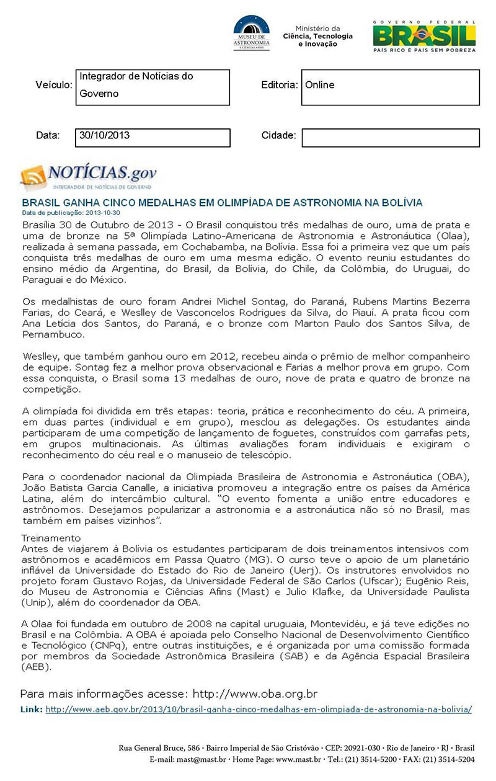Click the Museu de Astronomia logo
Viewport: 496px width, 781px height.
pos(251,33)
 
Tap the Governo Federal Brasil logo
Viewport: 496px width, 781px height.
pos(424,36)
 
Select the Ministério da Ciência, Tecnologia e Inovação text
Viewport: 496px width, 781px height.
pos(317,36)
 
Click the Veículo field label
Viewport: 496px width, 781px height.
pos(54,85)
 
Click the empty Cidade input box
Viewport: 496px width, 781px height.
pos(391,138)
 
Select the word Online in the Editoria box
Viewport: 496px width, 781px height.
pos(320,85)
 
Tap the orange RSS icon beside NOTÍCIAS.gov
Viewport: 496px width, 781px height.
pos(33,177)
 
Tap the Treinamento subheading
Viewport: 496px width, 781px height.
pos(51,537)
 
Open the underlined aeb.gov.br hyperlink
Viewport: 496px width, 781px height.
pos(259,709)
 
